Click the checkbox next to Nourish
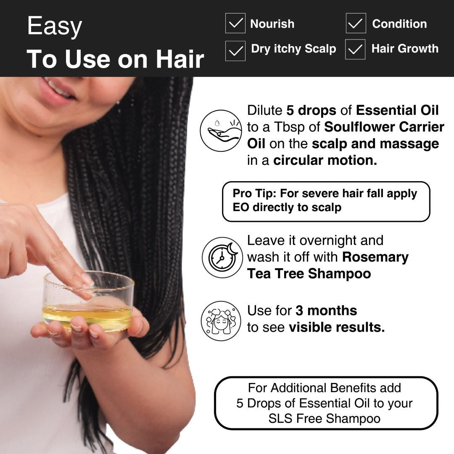point(235,24)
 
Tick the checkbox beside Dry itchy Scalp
point(235,50)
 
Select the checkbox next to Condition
point(356,24)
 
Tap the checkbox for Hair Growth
point(355,50)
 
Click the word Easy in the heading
point(54,26)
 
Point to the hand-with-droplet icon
point(221,130)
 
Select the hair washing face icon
point(221,320)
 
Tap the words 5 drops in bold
point(311,111)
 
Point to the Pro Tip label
point(254,194)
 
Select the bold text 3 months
point(326,311)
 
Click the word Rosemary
point(375,257)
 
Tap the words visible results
point(336,327)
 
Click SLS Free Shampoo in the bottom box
point(325,419)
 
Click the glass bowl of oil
point(88,303)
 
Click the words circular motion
point(325,161)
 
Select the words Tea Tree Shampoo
point(309,274)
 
